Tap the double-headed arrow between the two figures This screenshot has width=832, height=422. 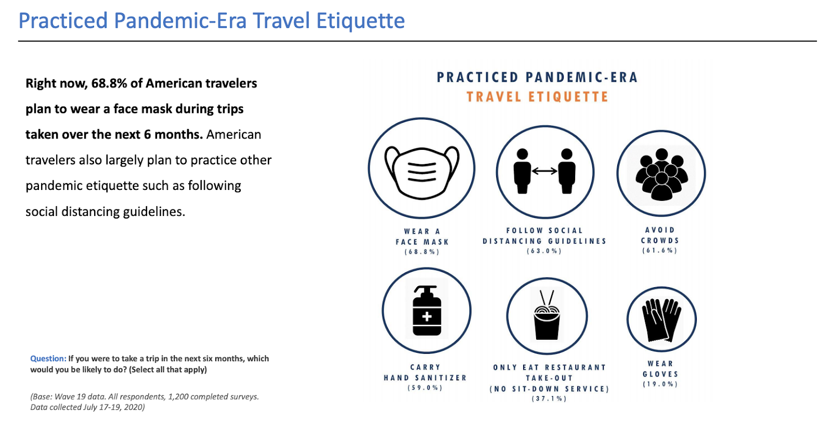click(x=544, y=171)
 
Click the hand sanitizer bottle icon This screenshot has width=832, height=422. click(x=427, y=311)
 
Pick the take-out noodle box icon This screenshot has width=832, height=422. click(x=547, y=315)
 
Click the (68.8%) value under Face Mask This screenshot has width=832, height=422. click(x=422, y=252)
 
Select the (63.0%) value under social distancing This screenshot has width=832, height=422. click(x=544, y=251)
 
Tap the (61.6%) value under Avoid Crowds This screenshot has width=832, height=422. click(x=660, y=250)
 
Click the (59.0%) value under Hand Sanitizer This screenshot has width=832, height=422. click(x=425, y=388)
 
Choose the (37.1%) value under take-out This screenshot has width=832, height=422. click(x=549, y=399)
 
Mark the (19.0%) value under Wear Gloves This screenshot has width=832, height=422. click(x=660, y=384)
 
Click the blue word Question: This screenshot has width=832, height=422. click(x=48, y=359)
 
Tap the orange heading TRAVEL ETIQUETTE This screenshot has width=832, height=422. click(x=537, y=97)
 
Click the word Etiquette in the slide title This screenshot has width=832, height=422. click(x=360, y=20)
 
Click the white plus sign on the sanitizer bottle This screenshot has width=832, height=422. click(x=427, y=317)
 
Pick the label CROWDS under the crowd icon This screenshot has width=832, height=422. click(x=660, y=240)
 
